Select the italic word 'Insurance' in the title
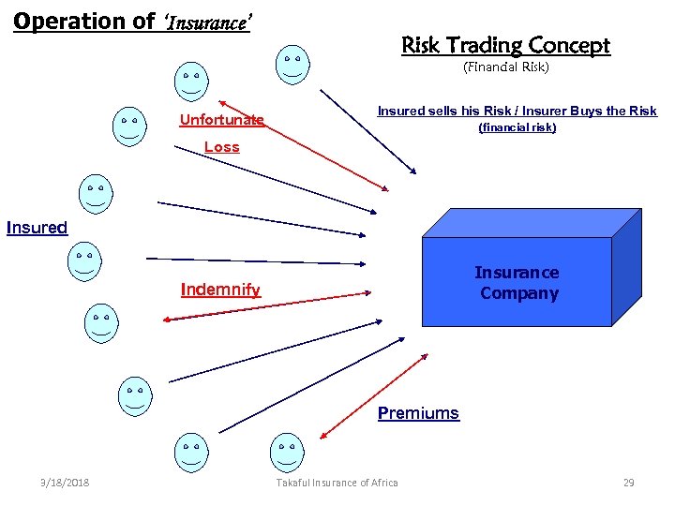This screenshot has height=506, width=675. [x=208, y=22]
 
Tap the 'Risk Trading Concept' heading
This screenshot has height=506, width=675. [x=505, y=45]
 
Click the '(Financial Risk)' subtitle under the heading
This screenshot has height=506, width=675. [x=505, y=67]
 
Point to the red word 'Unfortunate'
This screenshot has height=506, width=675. [x=221, y=120]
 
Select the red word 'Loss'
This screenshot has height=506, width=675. [x=222, y=147]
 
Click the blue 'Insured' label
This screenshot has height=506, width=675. [x=37, y=228]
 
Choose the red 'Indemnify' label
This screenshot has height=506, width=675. [x=220, y=290]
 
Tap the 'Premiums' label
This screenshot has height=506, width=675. [x=418, y=413]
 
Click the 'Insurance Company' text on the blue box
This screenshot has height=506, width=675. [x=517, y=283]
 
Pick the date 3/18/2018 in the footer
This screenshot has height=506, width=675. [x=65, y=483]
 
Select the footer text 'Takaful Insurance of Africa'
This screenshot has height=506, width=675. [x=337, y=483]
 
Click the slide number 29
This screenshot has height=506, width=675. [x=628, y=483]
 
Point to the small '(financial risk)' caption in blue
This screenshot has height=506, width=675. [x=517, y=127]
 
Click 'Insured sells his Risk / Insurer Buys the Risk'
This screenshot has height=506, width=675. [x=517, y=111]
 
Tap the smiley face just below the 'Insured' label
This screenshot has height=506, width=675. [x=84, y=261]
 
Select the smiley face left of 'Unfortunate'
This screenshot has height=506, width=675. [x=129, y=127]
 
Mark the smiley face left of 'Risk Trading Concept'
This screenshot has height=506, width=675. [x=292, y=62]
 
